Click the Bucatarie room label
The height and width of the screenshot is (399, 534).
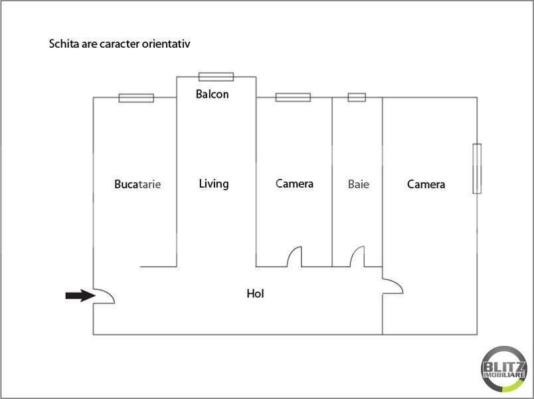pyautogui.click(x=137, y=184)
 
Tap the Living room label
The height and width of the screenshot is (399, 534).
pyautogui.click(x=214, y=184)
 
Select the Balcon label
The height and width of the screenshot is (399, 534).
pyautogui.click(x=212, y=94)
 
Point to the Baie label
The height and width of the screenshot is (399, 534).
pyautogui.click(x=359, y=184)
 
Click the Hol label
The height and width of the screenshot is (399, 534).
pyautogui.click(x=256, y=293)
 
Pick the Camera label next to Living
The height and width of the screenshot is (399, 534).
pyautogui.click(x=294, y=184)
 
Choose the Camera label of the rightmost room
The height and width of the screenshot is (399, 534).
pyautogui.click(x=426, y=184)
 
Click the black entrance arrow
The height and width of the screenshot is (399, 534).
pyautogui.click(x=80, y=295)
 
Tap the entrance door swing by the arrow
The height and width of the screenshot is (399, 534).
pyautogui.click(x=104, y=296)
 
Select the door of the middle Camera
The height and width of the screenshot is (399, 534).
pyautogui.click(x=294, y=257)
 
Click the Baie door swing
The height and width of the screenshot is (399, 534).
pyautogui.click(x=357, y=257)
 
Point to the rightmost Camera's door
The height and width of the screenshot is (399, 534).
pyautogui.click(x=393, y=286)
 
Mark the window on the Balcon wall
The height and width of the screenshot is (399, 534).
pyautogui.click(x=217, y=76)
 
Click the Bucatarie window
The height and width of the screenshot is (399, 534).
pyautogui.click(x=136, y=98)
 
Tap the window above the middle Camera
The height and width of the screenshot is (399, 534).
pyautogui.click(x=293, y=97)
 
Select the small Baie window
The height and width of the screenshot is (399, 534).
pyautogui.click(x=357, y=97)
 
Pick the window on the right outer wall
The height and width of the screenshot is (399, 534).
pyautogui.click(x=477, y=168)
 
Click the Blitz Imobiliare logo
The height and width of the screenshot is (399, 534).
pyautogui.click(x=504, y=369)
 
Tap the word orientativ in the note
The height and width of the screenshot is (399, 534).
pyautogui.click(x=166, y=44)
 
